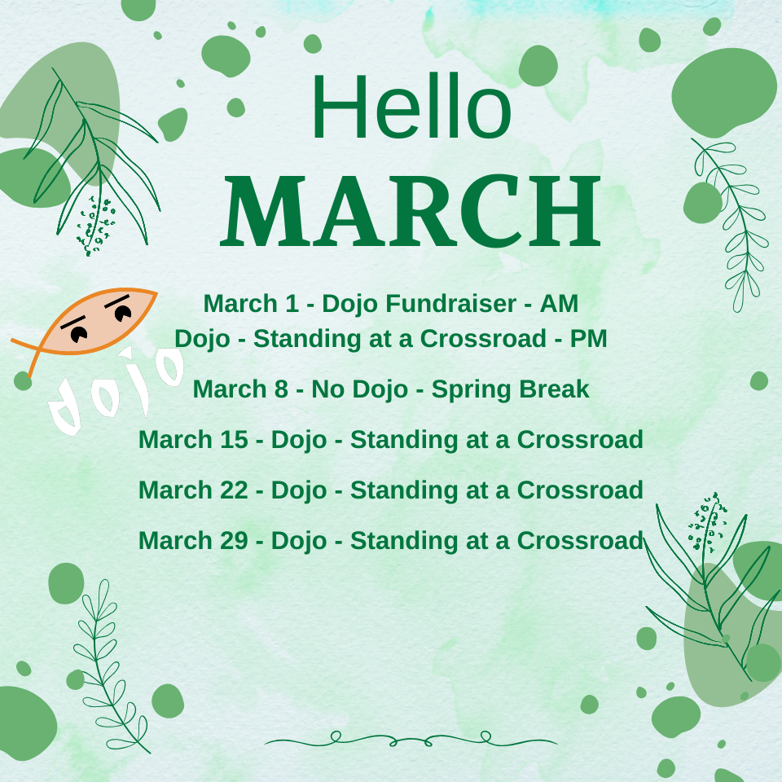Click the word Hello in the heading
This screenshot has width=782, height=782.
411,106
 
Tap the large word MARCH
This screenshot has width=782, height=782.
411,211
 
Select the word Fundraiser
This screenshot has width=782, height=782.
450,303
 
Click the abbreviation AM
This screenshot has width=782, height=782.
559,303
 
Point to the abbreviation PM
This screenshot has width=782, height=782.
588,338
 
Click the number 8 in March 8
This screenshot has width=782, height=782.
281,389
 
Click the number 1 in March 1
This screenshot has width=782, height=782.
292,303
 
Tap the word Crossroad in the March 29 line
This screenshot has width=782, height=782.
580,540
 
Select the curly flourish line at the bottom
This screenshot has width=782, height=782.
411,739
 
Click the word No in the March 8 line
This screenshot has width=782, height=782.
327,389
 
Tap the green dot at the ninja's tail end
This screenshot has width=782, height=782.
23,380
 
